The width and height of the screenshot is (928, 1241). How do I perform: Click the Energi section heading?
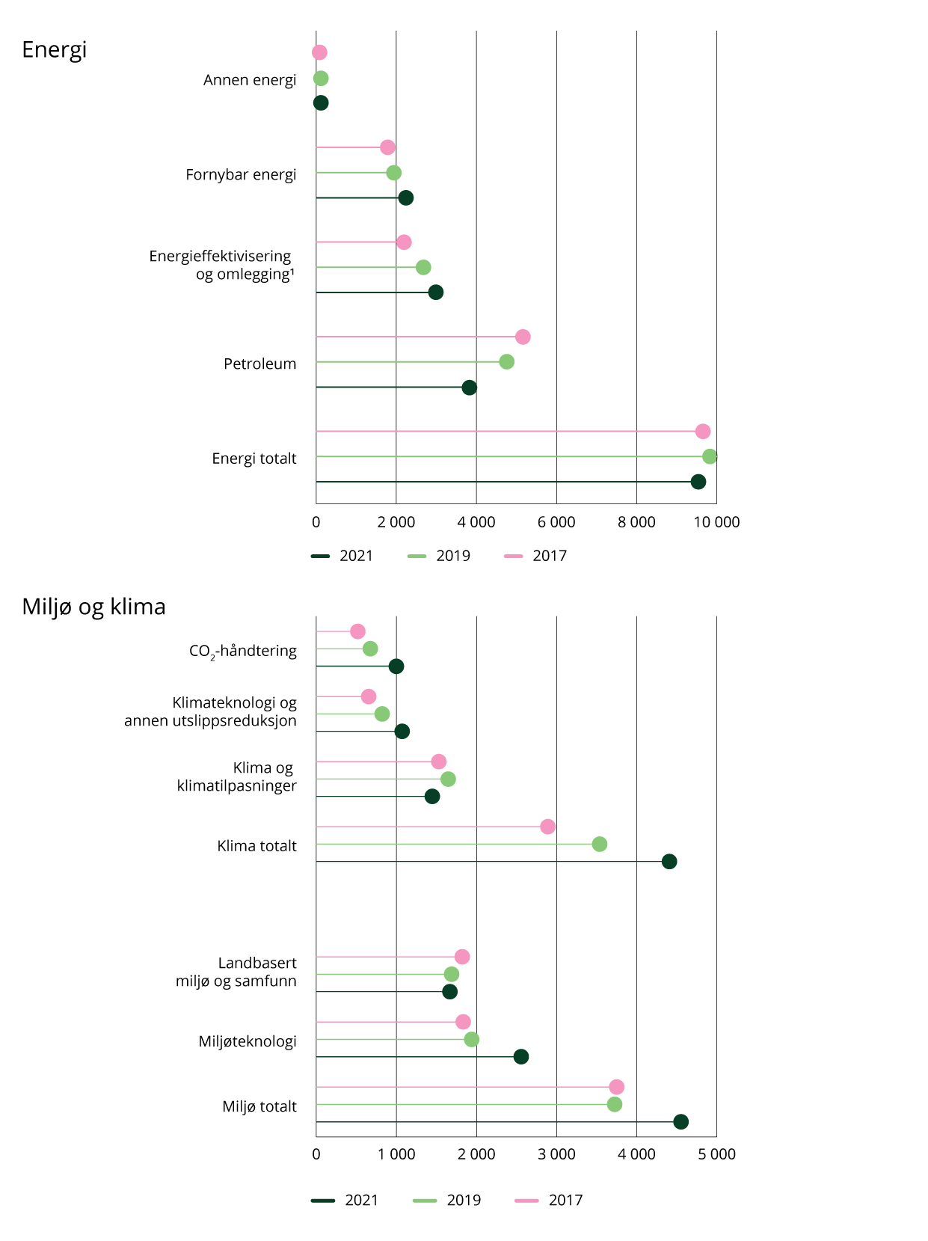point(55,50)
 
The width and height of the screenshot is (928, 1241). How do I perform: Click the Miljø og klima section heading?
point(93,607)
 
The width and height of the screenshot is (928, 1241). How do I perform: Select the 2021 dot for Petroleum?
point(469,387)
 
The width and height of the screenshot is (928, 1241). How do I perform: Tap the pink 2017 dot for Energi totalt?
point(702,432)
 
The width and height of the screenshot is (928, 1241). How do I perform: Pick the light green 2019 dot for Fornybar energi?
point(393,173)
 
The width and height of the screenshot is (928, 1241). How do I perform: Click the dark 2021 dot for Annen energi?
point(321,103)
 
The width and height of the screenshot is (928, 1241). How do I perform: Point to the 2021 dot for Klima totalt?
point(669,862)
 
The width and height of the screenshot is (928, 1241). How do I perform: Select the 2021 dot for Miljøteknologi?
point(521,1057)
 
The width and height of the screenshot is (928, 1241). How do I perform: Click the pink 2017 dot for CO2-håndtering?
point(357,631)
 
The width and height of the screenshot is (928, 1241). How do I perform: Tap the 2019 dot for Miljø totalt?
point(614,1104)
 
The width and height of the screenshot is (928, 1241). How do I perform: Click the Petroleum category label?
point(259,364)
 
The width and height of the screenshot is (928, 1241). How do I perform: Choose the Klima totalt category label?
point(256,846)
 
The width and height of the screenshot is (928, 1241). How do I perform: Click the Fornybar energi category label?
point(241,175)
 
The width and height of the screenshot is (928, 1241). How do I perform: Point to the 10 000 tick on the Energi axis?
point(716,522)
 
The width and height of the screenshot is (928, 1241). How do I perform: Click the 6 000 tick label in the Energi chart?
point(556,522)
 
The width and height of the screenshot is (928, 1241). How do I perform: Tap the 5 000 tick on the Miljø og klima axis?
point(716,1154)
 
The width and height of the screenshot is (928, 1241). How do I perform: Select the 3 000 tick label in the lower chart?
point(556,1154)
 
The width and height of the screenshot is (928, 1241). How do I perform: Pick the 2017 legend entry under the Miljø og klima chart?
point(550,1200)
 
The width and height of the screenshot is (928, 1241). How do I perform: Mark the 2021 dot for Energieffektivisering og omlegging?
point(436,292)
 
